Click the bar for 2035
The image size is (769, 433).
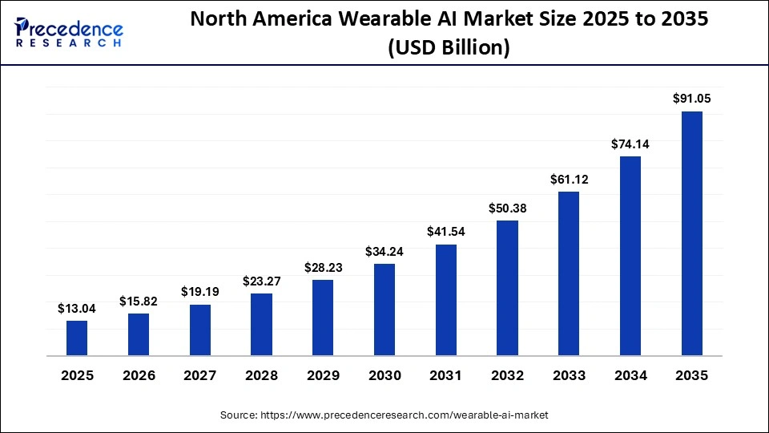click(692, 233)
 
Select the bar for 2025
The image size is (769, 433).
click(77, 338)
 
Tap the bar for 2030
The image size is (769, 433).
click(384, 310)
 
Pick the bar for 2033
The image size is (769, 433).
click(569, 273)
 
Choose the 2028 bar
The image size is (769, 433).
click(261, 324)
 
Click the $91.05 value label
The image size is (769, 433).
click(692, 99)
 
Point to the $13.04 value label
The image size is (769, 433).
click(77, 308)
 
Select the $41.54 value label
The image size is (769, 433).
click(446, 233)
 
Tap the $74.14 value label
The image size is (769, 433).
click(630, 144)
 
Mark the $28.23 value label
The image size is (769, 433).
click(323, 268)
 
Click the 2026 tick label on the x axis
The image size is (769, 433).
click(139, 375)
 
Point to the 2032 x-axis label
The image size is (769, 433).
click(507, 375)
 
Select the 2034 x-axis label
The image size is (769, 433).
click(630, 375)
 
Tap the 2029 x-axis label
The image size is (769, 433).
click(323, 375)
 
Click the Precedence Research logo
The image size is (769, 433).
click(69, 32)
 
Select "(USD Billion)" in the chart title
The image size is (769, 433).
click(449, 48)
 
